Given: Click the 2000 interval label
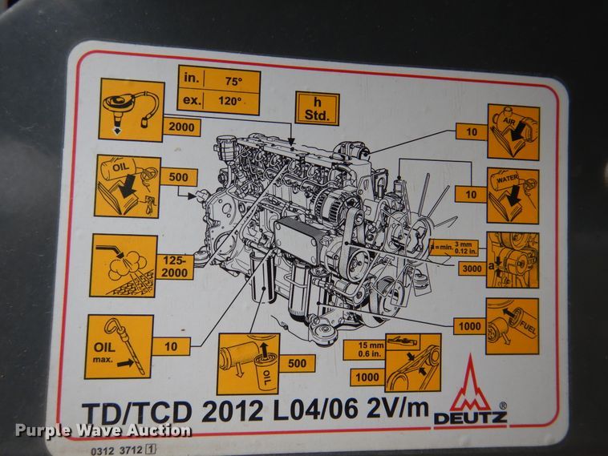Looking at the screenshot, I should click(x=183, y=126).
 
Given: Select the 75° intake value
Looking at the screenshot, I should click(x=233, y=79).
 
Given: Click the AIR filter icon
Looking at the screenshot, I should click(x=513, y=131).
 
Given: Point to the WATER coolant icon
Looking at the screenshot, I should click(x=513, y=196).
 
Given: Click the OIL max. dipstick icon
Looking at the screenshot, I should click(x=118, y=346).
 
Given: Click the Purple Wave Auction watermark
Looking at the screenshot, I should click(x=103, y=430).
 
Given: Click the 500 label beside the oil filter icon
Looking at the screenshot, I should click(x=295, y=364).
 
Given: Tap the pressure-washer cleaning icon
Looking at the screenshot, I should click(x=124, y=266).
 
